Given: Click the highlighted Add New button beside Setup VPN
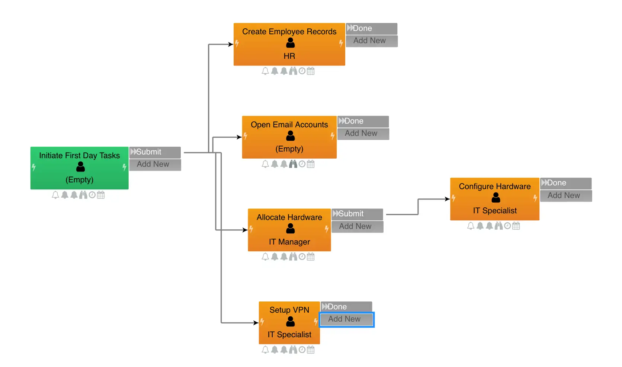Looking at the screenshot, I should (x=346, y=319).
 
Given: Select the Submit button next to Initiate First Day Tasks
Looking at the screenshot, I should (x=155, y=152).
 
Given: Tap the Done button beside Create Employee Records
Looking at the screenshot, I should (x=371, y=28).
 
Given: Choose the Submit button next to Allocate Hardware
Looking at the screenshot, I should (x=357, y=214).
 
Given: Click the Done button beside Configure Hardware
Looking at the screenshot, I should (x=565, y=183).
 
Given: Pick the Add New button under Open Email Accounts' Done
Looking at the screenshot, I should (x=363, y=133).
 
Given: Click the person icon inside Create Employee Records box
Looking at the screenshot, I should (x=290, y=43).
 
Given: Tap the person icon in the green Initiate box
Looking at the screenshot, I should (x=80, y=166).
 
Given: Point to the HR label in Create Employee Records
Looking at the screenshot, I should (x=289, y=56).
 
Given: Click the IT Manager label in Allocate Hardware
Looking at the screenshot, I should (x=289, y=242).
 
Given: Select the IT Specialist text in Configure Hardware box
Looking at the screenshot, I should (x=495, y=211).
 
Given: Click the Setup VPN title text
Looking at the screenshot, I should (x=289, y=310).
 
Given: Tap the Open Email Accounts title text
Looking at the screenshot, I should (x=289, y=125).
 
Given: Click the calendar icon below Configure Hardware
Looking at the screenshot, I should (x=516, y=226).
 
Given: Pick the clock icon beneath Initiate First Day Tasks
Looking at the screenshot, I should (x=92, y=195).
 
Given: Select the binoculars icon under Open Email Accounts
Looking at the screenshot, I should (x=293, y=164).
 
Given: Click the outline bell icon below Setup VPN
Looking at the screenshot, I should (x=265, y=350).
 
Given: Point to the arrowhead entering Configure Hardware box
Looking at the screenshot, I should (x=448, y=199).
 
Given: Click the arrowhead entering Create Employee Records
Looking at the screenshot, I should (x=231, y=44).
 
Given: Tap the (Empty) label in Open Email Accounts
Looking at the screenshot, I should (x=289, y=149).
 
